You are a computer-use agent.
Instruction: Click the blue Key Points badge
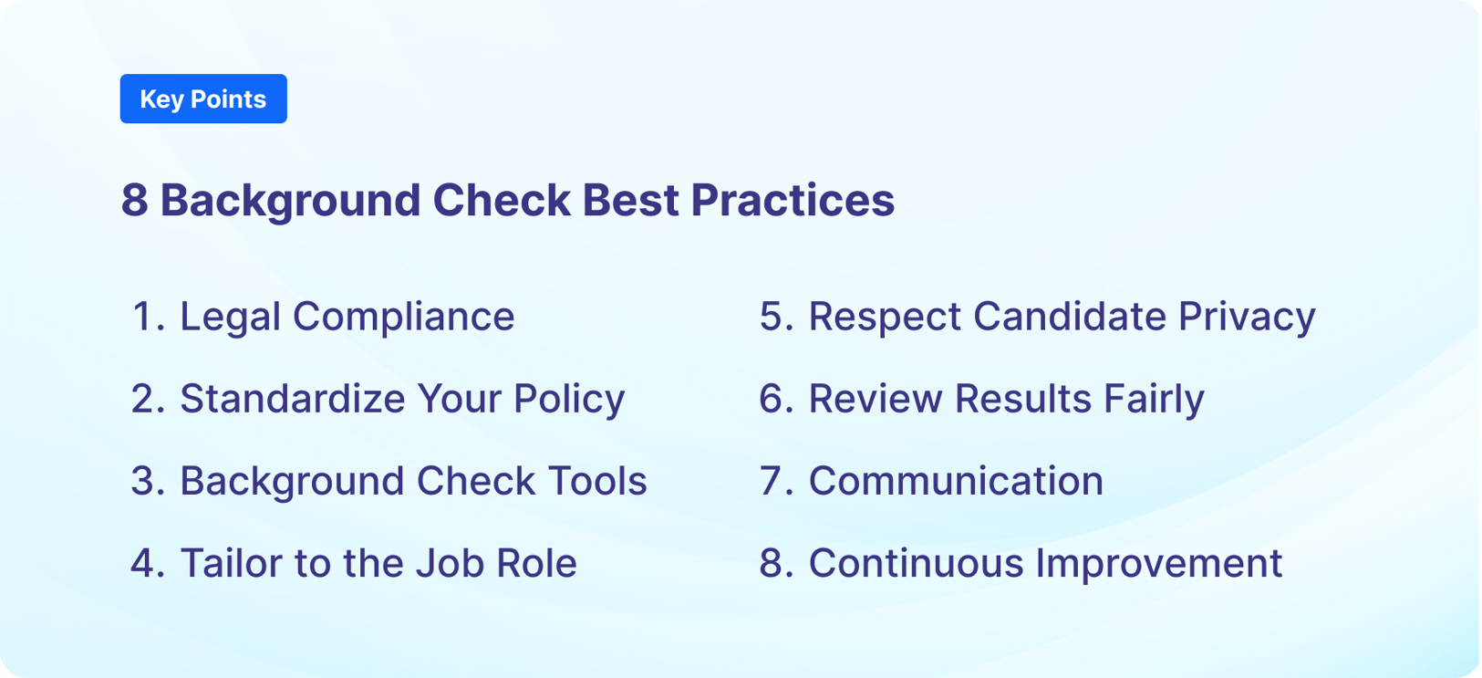coord(203,99)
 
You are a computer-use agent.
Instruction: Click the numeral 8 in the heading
coord(134,200)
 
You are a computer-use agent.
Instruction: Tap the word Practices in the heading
coord(793,200)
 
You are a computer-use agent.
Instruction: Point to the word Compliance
coord(403,317)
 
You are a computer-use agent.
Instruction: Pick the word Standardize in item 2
coord(292,399)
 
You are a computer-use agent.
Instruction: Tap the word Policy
coord(569,399)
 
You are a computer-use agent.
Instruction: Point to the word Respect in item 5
coord(885,317)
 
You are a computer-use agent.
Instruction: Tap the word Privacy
coord(1247,317)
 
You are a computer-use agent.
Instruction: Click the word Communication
coord(956,481)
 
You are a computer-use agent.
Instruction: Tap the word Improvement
coord(1159,563)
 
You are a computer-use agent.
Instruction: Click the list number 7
coord(774,481)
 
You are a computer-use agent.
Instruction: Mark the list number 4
coord(144,563)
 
